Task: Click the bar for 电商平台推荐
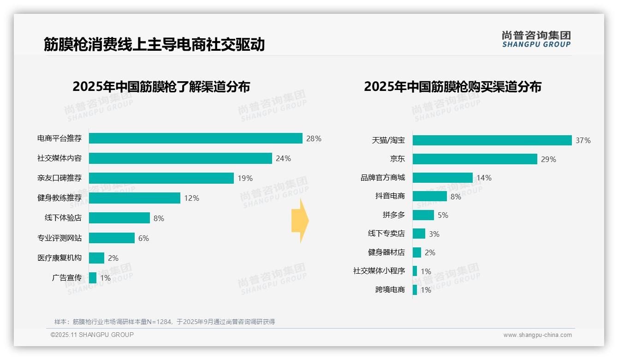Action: click(x=196, y=138)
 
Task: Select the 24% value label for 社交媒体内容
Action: click(x=283, y=158)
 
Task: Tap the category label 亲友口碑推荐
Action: click(x=59, y=178)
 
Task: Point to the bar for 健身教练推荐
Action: click(x=134, y=198)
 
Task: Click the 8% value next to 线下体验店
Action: click(x=159, y=218)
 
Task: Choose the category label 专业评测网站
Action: click(x=59, y=238)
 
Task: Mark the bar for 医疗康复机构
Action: click(x=96, y=258)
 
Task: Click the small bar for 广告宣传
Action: click(x=93, y=278)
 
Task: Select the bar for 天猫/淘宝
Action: click(x=492, y=140)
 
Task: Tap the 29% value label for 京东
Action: click(x=549, y=159)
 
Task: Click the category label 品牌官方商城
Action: click(x=383, y=178)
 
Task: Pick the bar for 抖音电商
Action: click(x=429, y=196)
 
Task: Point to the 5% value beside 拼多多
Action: click(x=443, y=215)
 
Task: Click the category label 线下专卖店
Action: click(x=386, y=234)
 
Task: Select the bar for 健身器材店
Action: click(x=417, y=252)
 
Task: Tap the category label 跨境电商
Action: click(x=390, y=290)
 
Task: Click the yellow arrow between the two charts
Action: click(x=300, y=221)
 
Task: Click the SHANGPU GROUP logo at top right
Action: click(x=536, y=39)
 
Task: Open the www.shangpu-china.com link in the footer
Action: click(x=537, y=335)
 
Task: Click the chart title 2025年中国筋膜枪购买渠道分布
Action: click(x=452, y=87)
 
